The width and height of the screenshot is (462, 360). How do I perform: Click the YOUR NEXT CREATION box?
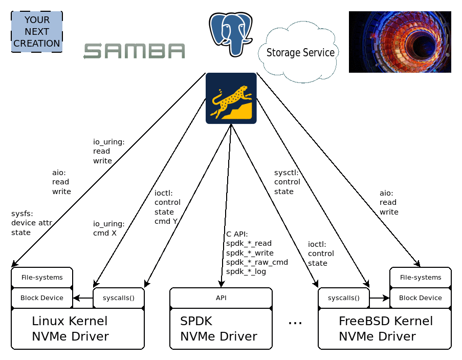[37, 32]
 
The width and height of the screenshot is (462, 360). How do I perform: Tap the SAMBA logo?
[134, 51]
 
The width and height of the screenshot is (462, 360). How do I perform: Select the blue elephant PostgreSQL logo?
[231, 34]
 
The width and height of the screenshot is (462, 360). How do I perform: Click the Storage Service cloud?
[300, 52]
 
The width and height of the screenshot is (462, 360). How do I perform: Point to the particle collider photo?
[400, 42]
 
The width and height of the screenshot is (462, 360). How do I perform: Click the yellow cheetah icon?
[231, 98]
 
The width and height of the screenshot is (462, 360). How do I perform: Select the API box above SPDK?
[221, 298]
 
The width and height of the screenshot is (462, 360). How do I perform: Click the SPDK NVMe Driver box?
[221, 329]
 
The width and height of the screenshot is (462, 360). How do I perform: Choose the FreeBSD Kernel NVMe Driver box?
[385, 329]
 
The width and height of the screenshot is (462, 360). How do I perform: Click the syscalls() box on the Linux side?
[119, 298]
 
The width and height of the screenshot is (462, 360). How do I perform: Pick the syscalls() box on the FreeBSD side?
[344, 298]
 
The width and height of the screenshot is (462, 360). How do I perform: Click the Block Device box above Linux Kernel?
[42, 298]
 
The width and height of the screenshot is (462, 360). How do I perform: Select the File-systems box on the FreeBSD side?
[421, 277]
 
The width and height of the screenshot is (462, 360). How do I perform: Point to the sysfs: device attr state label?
[31, 223]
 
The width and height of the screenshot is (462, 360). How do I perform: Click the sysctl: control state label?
[287, 182]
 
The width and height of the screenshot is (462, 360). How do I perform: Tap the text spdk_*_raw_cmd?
[257, 262]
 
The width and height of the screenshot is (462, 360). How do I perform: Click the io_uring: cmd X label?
[108, 228]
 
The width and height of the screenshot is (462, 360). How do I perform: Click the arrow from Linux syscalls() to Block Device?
[83, 298]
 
